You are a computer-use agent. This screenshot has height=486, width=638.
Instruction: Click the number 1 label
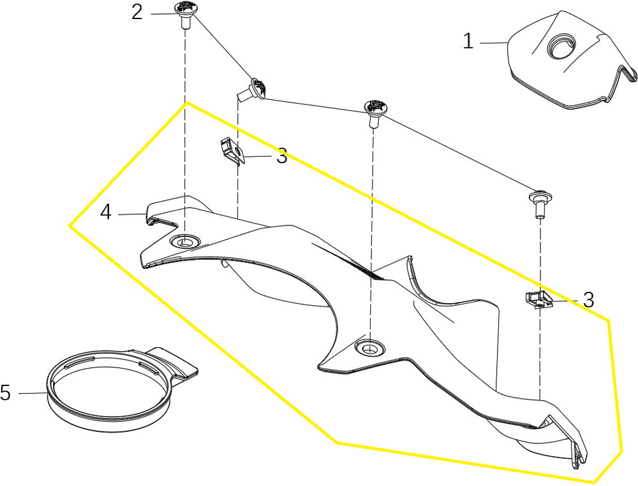click(468, 42)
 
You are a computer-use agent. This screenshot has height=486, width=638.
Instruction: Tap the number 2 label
click(137, 12)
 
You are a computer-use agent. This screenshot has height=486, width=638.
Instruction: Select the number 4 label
click(106, 212)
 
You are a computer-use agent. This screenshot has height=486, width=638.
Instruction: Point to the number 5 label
click(5, 393)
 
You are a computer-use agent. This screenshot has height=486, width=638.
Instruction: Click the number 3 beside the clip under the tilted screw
click(281, 156)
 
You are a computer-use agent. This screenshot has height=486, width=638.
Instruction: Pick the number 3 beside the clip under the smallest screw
click(588, 299)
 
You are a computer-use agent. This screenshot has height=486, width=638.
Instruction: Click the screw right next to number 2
click(184, 12)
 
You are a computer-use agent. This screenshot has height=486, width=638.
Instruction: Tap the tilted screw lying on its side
click(255, 88)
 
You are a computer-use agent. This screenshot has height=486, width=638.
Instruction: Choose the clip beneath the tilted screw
click(230, 152)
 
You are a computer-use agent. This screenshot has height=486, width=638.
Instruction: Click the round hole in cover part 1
click(562, 47)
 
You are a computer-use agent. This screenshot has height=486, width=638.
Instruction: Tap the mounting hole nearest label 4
click(186, 241)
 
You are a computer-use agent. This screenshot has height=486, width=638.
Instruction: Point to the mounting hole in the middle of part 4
click(368, 347)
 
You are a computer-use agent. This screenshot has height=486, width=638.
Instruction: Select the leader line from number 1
click(493, 43)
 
